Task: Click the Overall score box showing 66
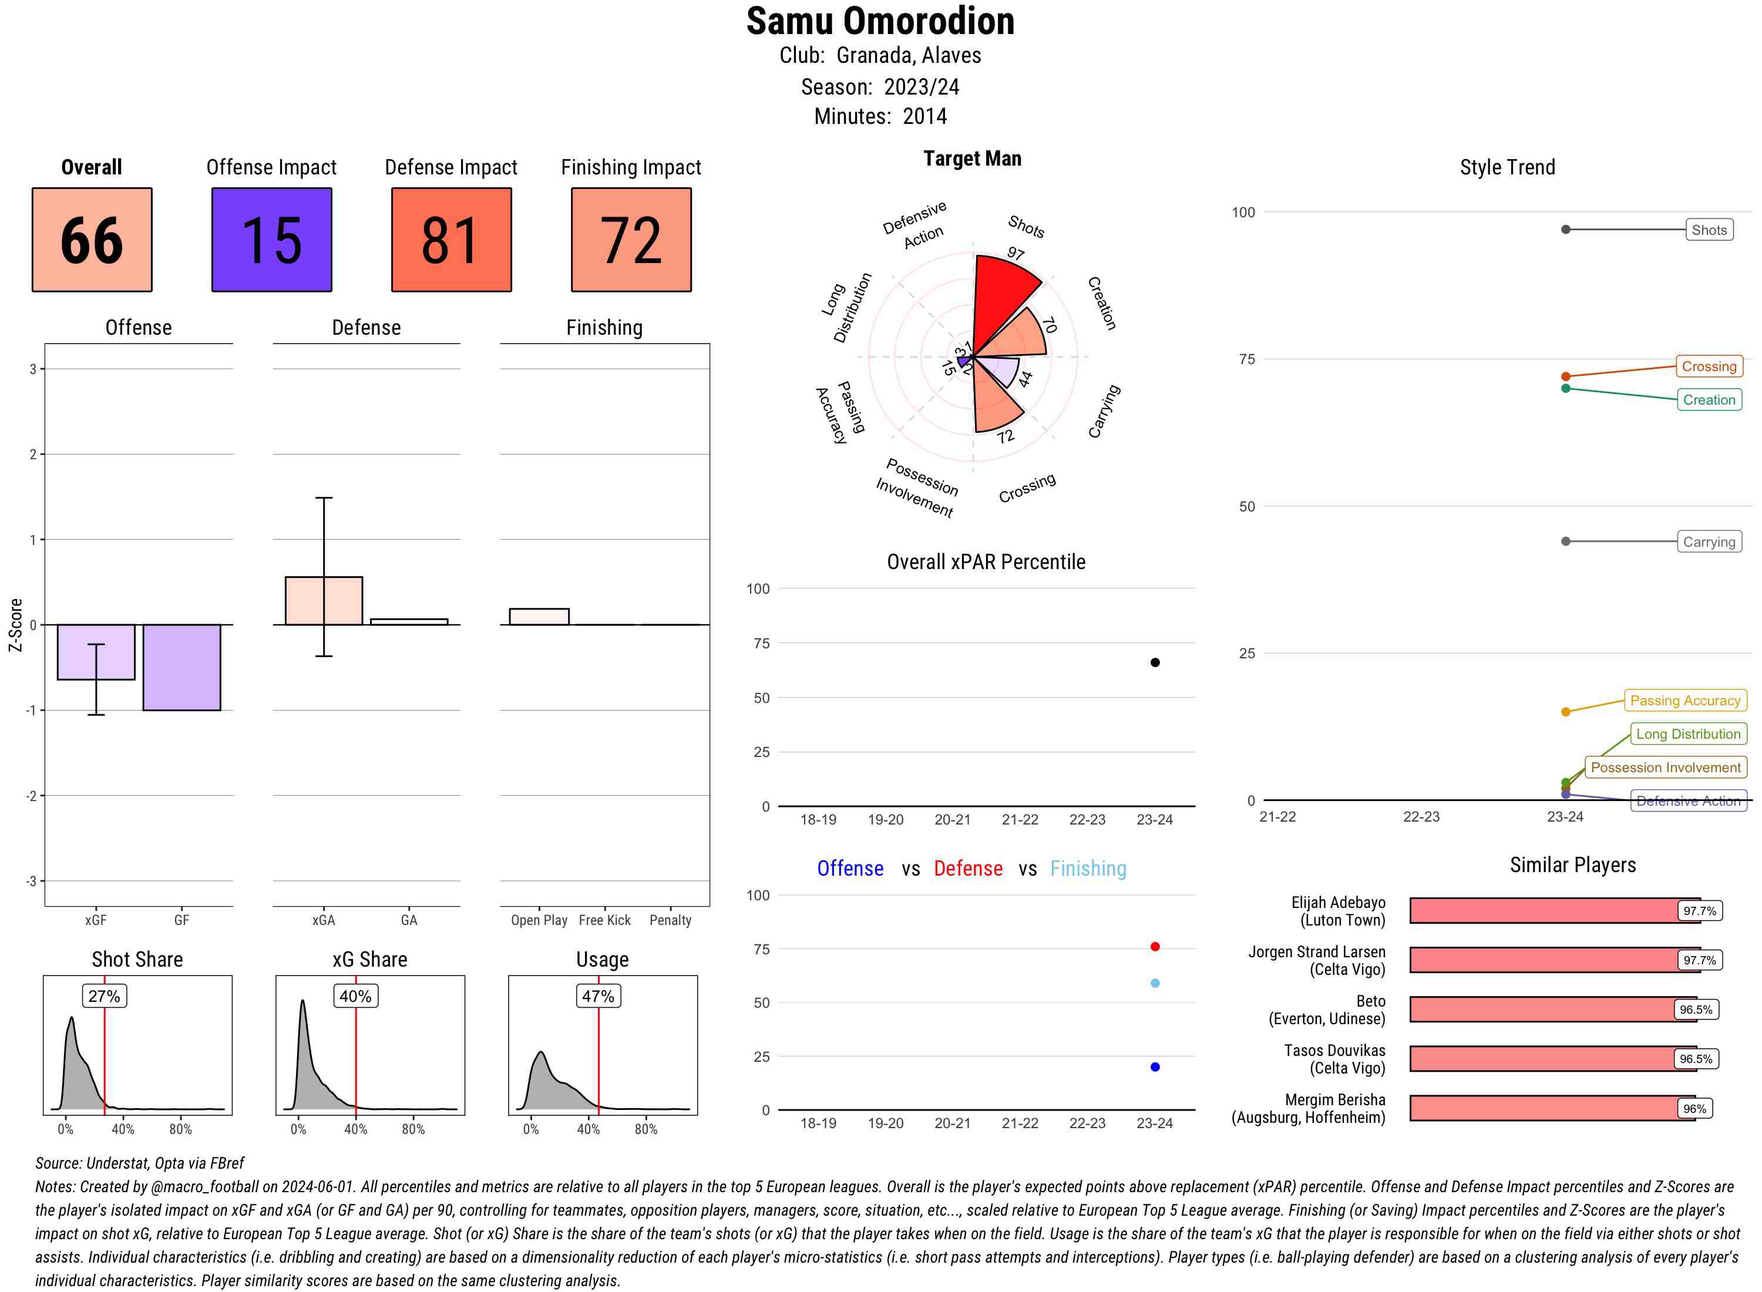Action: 92,240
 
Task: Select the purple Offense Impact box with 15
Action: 271,240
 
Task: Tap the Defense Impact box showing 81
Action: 451,240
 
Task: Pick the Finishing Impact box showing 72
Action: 631,240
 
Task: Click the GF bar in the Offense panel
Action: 181,667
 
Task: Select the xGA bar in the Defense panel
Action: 324,601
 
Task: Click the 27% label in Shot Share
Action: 104,997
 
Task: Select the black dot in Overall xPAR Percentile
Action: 1155,662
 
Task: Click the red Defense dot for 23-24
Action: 1155,947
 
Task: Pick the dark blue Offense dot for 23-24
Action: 1155,1068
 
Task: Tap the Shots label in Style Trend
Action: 1709,230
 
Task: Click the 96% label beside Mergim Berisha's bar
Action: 1694,1109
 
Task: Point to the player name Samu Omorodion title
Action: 880,21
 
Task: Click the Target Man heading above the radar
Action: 972,159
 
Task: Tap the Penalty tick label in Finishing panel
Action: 670,920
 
